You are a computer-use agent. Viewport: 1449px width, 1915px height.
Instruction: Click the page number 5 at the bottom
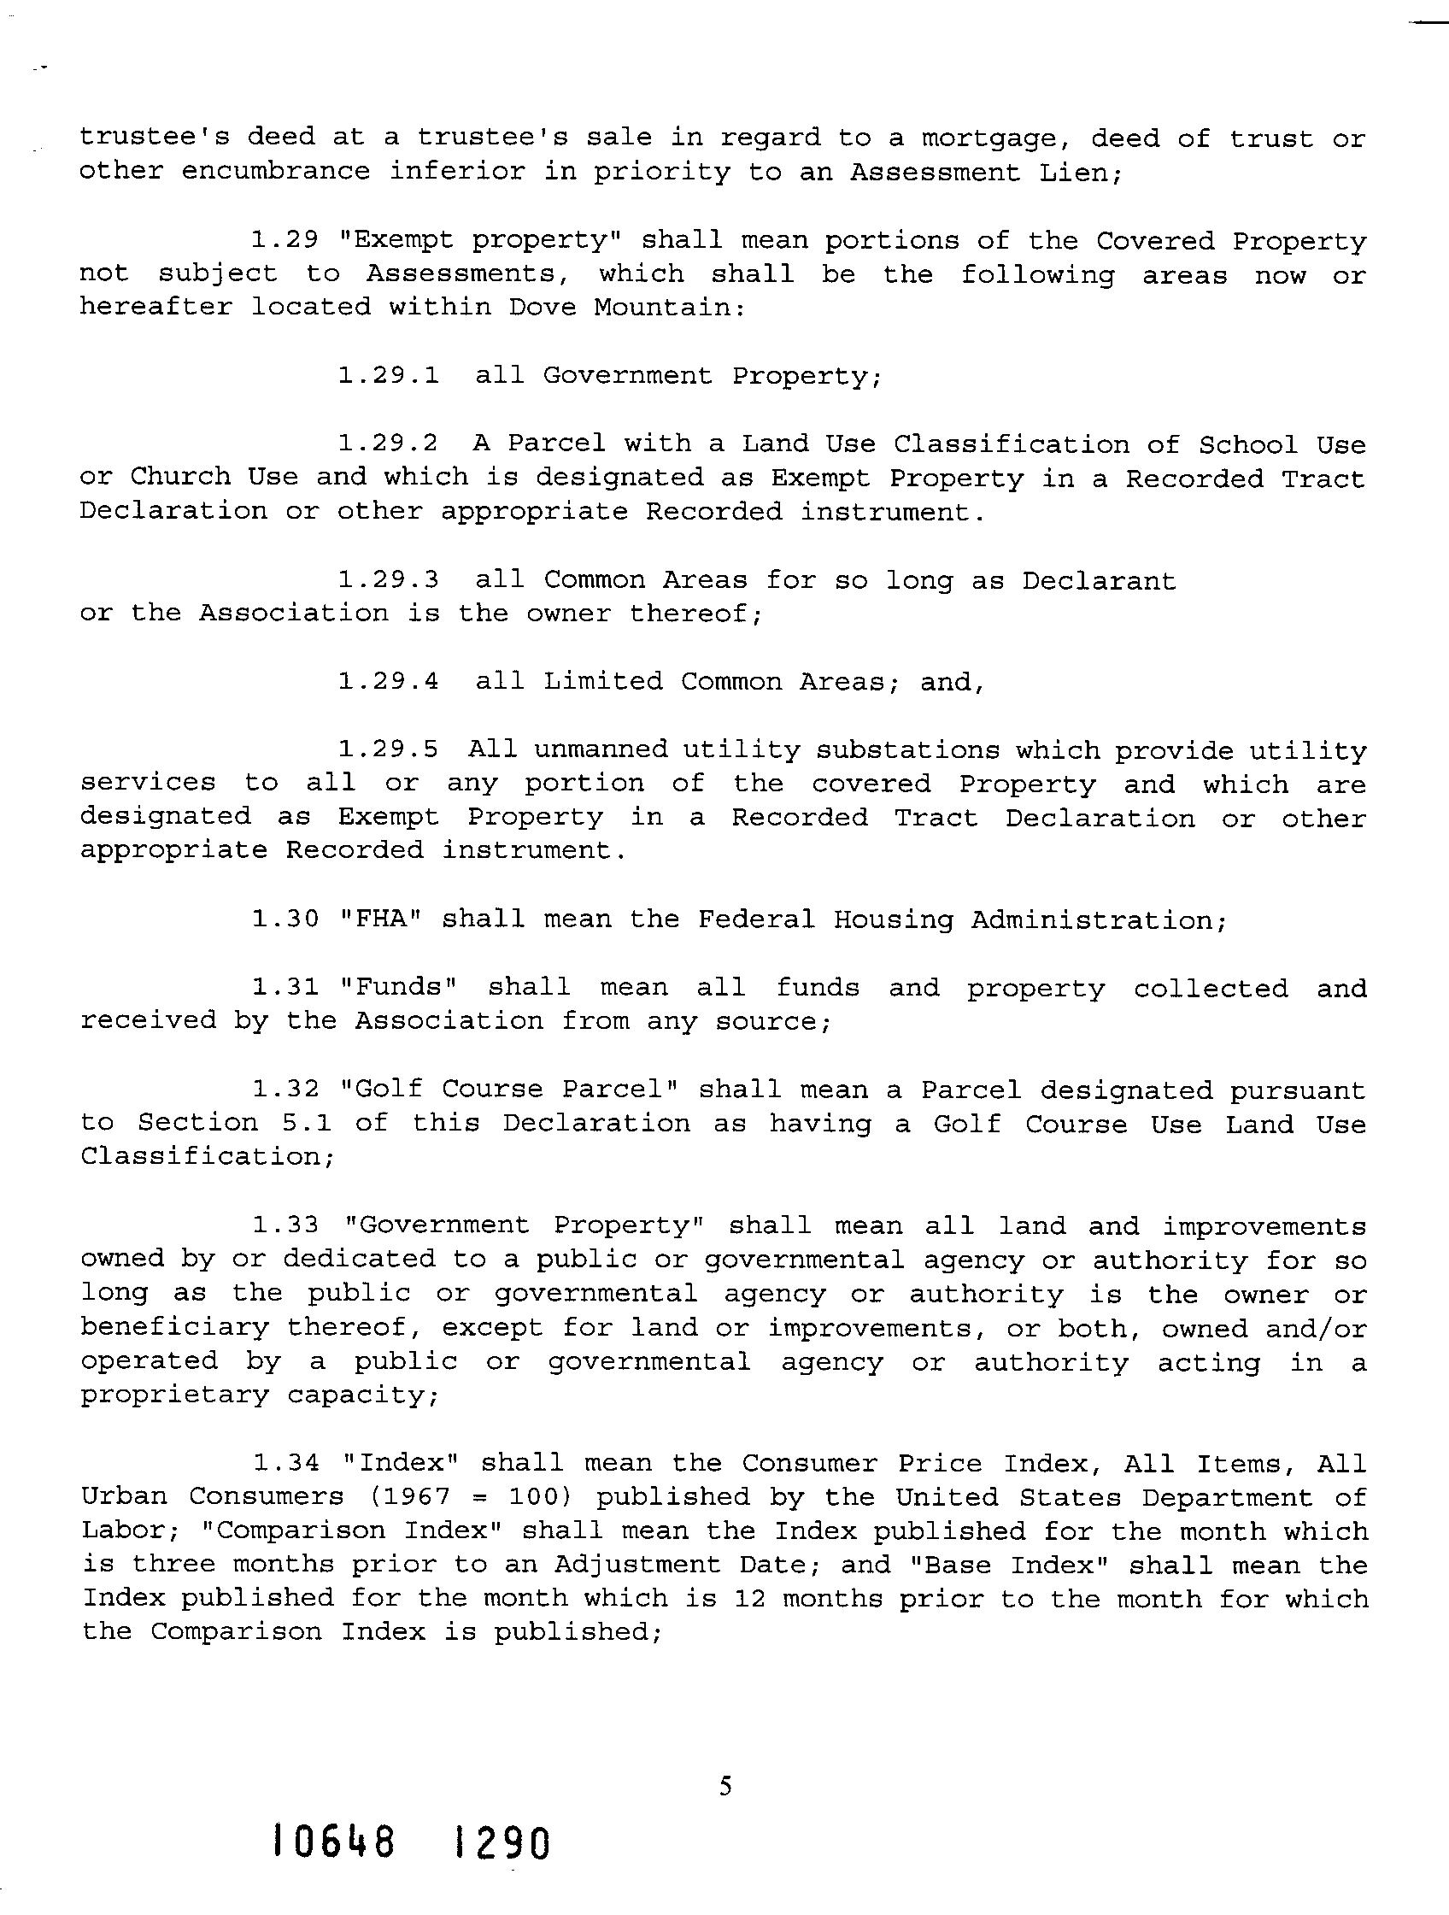[725, 1785]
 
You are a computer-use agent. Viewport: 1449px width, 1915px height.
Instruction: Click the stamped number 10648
[334, 1842]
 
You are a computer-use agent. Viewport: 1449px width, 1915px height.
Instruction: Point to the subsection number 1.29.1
[388, 375]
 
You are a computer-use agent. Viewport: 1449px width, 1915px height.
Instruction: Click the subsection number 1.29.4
[388, 681]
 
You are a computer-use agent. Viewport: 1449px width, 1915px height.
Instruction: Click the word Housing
[892, 919]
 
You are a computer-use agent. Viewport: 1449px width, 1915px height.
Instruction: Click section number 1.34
[285, 1463]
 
